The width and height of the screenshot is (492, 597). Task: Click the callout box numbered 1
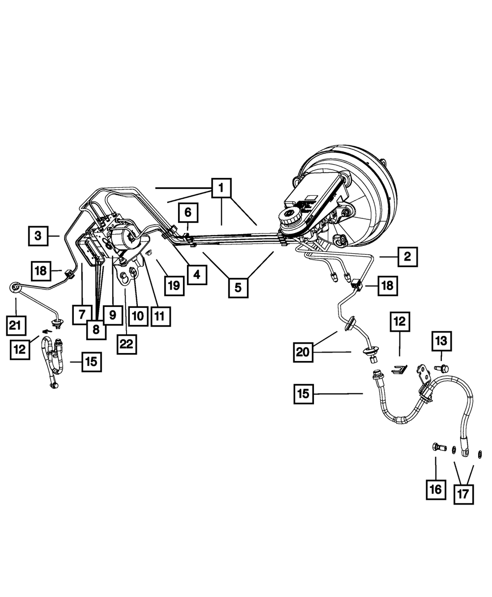coord(221,187)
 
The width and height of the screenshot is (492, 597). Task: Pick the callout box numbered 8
coord(96,329)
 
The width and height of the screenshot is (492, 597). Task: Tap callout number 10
coord(138,315)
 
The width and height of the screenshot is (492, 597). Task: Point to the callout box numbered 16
coord(436,489)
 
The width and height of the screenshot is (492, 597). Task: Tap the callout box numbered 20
coord(304,352)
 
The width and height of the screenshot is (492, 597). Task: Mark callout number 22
coord(126,344)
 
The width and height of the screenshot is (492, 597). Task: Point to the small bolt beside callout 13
coord(441,367)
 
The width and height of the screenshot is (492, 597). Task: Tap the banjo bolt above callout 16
coord(435,448)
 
